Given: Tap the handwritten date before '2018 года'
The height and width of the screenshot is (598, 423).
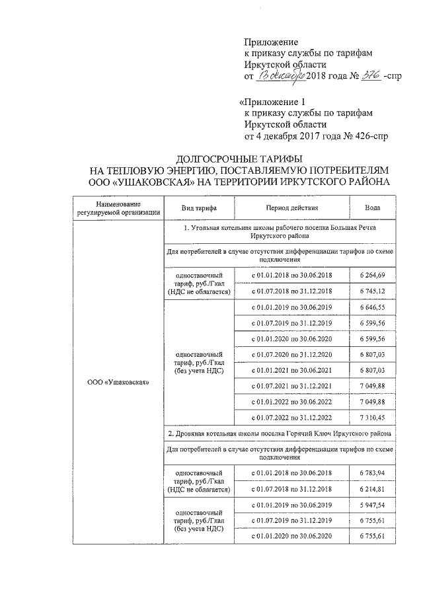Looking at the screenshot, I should click(x=280, y=77).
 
